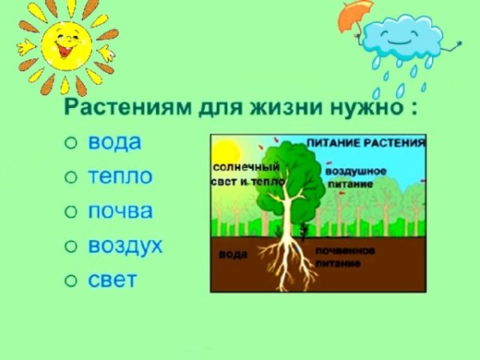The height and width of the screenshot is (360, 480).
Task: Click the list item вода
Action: point(114,142)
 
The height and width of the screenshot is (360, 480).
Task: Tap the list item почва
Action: point(121,211)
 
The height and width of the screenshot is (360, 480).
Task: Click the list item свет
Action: point(113,280)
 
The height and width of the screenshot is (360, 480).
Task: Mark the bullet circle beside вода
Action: point(70,143)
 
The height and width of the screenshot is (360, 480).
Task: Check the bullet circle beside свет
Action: point(70,281)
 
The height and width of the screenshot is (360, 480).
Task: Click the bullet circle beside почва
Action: point(70,212)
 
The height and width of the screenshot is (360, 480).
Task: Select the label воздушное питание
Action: point(356,175)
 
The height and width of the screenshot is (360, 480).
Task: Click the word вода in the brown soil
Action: point(234,254)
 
